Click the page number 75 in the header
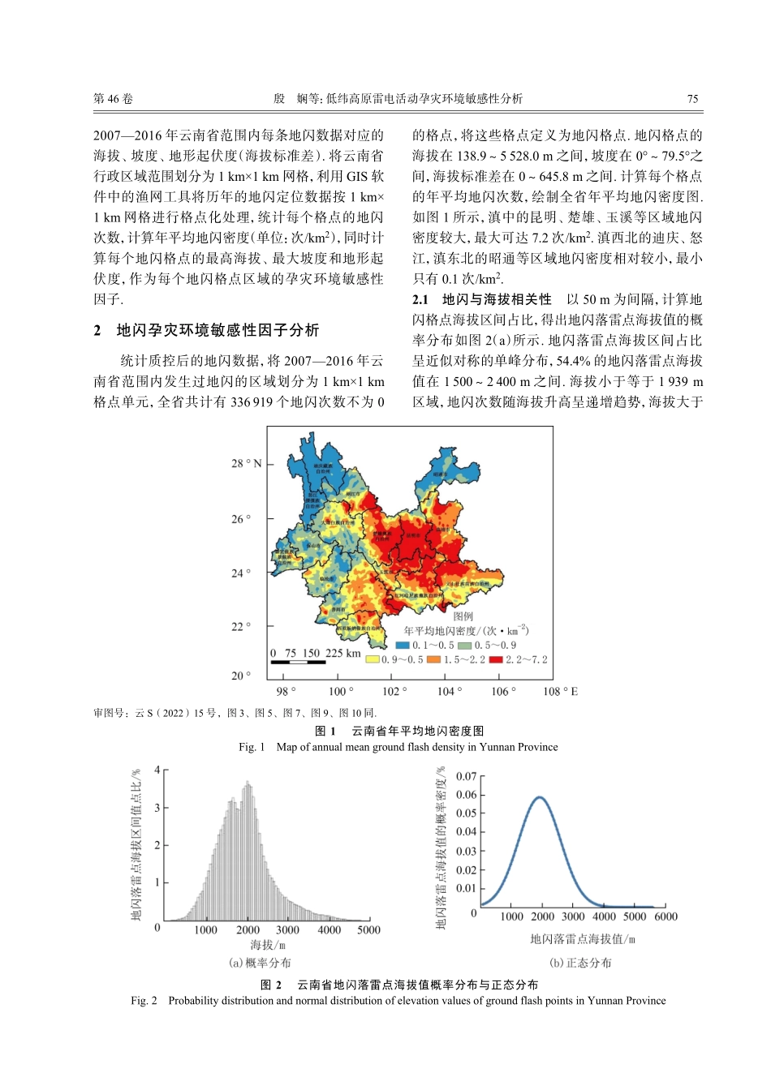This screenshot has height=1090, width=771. tap(692, 99)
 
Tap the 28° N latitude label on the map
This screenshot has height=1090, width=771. tap(247, 463)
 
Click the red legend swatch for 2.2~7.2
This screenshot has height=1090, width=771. tap(496, 659)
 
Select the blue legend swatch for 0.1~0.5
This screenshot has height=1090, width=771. tap(403, 646)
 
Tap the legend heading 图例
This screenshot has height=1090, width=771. tap(463, 616)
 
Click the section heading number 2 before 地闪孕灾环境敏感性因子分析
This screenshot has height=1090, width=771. tap(97, 330)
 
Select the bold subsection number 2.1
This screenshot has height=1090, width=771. tap(420, 299)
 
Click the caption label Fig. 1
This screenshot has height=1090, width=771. tap(252, 747)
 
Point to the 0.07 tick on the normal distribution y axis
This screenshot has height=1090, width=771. tap(466, 776)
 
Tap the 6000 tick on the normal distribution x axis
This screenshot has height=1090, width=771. tap(665, 916)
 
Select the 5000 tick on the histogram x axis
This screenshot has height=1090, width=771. tap(368, 930)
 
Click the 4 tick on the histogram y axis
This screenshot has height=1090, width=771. tap(157, 770)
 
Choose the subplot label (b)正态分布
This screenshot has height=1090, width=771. tap(580, 963)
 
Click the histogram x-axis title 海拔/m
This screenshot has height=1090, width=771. tap(268, 945)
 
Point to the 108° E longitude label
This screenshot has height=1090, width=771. tap(560, 691)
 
